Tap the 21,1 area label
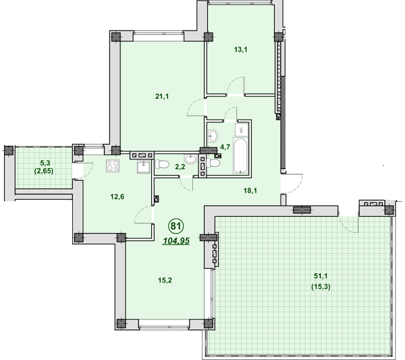click(x=161, y=97)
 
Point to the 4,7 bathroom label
click(x=226, y=146)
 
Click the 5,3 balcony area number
click(x=46, y=163)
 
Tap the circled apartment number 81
click(x=175, y=226)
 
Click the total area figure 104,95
click(x=175, y=240)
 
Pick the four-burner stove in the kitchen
click(x=112, y=166)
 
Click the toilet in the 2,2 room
click(x=162, y=164)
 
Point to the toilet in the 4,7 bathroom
click(x=214, y=162)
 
